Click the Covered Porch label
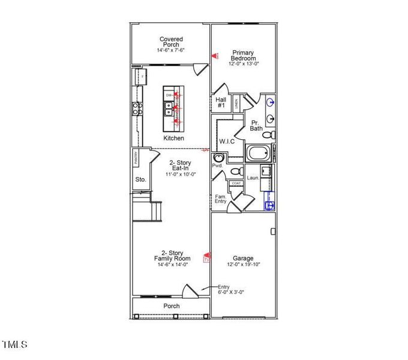[x=171, y=43]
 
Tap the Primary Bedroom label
[x=244, y=55]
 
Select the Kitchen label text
[x=173, y=138]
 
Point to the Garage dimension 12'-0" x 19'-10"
[x=244, y=265]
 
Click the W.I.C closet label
[x=227, y=142]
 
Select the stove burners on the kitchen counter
[x=137, y=109]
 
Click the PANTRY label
[x=136, y=158]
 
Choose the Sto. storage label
[x=140, y=179]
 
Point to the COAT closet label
[x=236, y=184]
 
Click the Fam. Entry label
[x=221, y=199]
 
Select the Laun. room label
[x=253, y=178]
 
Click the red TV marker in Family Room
[x=207, y=258]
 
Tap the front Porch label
[x=172, y=306]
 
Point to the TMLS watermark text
[x=14, y=344]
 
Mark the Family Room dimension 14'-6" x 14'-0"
[x=172, y=265]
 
